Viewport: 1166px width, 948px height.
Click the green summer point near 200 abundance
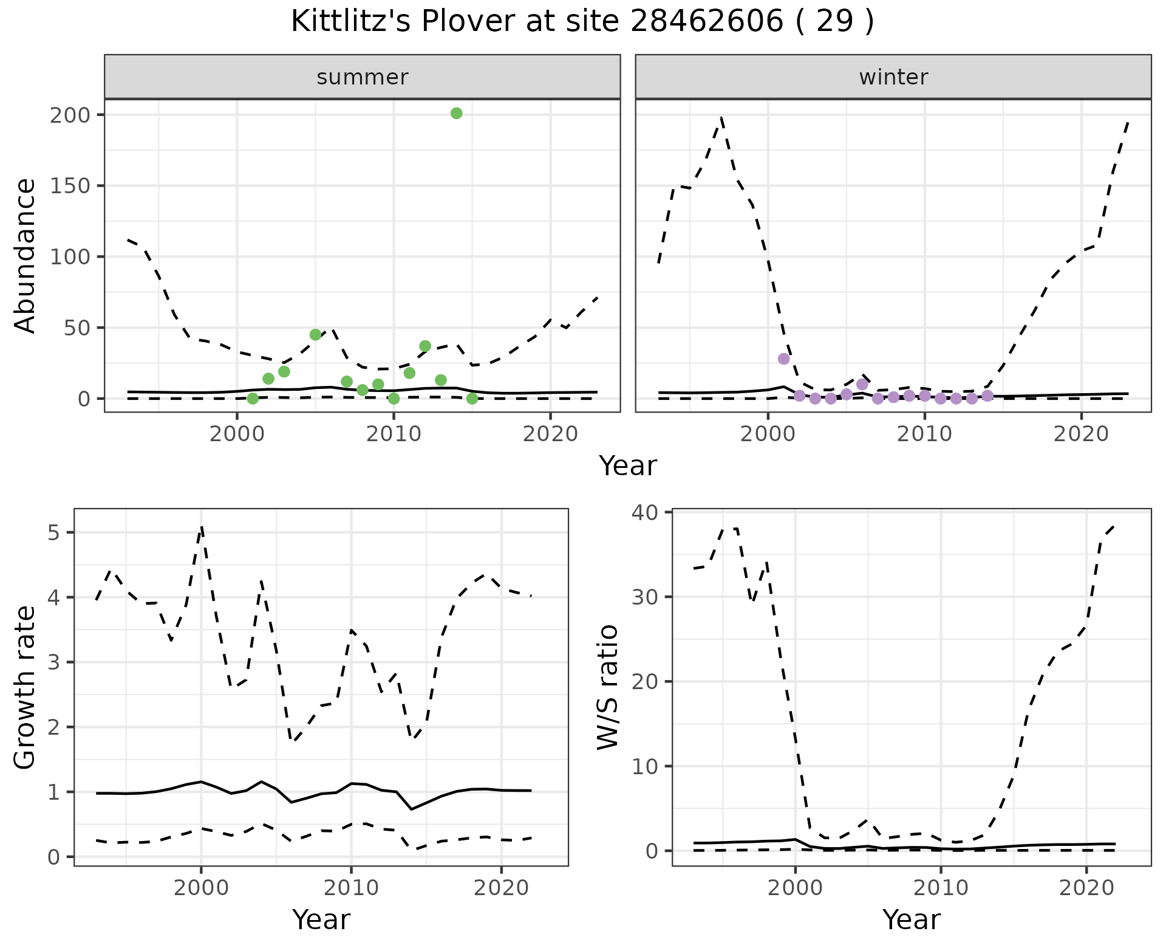click(457, 113)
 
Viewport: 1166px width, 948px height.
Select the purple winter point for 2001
click(784, 359)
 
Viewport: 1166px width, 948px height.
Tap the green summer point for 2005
click(315, 335)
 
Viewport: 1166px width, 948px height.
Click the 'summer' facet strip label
click(363, 77)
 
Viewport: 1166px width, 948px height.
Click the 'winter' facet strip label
click(893, 77)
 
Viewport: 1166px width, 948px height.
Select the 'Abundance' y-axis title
click(26, 256)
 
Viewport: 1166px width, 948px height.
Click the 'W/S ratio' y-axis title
click(608, 687)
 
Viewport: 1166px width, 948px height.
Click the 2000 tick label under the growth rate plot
click(201, 888)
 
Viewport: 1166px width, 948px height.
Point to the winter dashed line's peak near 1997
click(721, 118)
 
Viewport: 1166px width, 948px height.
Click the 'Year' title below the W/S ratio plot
click(912, 919)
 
